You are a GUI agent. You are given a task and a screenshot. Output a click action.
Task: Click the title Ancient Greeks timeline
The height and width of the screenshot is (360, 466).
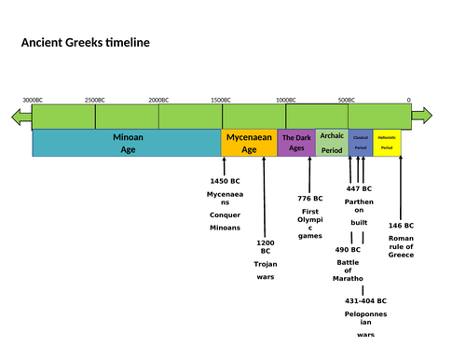85,43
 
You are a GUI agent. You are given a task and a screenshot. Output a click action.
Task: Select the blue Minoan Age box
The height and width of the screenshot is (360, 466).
127,143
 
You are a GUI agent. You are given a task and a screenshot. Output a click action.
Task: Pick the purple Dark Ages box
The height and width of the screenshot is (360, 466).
296,143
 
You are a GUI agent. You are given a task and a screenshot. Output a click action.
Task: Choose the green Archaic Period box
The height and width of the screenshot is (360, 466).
332,143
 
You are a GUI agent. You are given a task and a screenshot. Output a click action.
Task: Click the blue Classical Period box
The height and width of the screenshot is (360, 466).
361,143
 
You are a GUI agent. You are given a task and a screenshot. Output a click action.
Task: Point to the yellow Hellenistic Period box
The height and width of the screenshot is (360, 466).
388,143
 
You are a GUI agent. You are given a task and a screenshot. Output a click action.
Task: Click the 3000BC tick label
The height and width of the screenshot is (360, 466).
33,100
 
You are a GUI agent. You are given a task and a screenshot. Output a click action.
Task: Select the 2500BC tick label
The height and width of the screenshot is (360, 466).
95,100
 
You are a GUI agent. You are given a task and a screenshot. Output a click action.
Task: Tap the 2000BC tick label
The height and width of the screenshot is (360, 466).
158,100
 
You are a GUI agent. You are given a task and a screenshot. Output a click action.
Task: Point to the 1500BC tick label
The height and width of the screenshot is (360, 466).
221,100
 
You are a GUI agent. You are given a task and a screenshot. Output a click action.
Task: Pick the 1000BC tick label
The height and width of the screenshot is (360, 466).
285,100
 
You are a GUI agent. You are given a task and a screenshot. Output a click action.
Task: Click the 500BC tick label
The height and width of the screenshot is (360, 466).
347,100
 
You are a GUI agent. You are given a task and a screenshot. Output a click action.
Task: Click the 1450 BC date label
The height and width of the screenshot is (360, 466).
225,180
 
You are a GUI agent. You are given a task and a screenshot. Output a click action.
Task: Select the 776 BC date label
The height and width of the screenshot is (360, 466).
310,198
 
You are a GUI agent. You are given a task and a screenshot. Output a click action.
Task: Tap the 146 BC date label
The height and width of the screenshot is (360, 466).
401,225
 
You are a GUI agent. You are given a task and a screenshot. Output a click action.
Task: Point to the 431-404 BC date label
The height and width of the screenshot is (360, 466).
365,301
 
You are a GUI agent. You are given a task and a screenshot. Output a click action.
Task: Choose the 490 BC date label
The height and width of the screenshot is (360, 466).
348,249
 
